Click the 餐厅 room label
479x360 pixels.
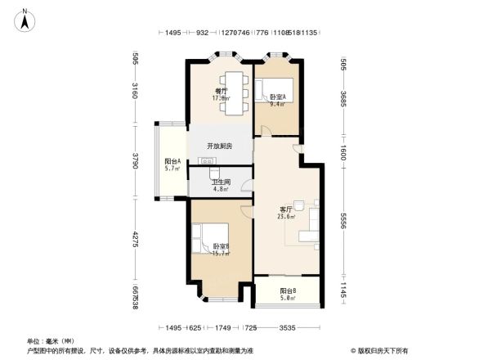(x=221, y=90)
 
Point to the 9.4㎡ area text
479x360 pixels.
(x=277, y=104)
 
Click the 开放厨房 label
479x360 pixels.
(x=219, y=146)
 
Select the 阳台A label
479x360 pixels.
(x=172, y=161)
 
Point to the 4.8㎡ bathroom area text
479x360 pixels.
(x=220, y=189)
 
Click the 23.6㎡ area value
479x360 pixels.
(x=286, y=217)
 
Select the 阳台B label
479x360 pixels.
(x=288, y=290)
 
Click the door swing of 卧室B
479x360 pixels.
(x=245, y=211)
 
